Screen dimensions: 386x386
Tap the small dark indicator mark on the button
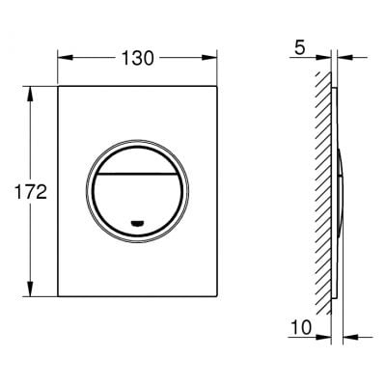tap(137, 223)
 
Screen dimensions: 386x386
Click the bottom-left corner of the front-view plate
tap(61, 295)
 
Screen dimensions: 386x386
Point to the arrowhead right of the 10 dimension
tap(347, 337)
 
